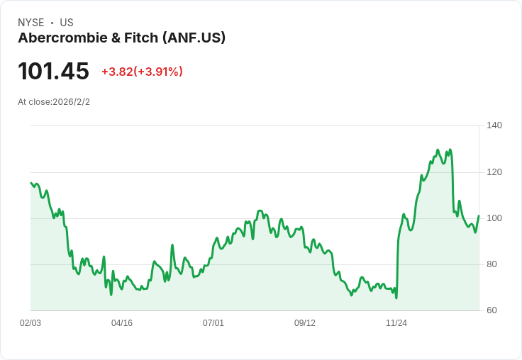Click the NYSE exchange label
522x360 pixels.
[31, 23]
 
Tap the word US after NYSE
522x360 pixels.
[67, 23]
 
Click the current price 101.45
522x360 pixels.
[53, 71]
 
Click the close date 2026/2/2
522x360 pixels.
[71, 102]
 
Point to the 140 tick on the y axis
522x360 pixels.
[494, 125]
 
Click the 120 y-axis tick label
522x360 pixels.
[494, 171]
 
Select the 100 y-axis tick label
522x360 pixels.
[494, 218]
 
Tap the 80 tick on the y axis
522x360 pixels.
[492, 264]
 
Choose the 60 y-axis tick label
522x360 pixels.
[492, 310]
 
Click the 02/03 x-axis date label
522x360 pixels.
[30, 323]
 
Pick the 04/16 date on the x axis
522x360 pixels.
[122, 323]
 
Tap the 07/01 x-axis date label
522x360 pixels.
[213, 323]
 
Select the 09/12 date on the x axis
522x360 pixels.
[305, 323]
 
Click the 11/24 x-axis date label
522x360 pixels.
[396, 323]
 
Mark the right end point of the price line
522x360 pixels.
[479, 215]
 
